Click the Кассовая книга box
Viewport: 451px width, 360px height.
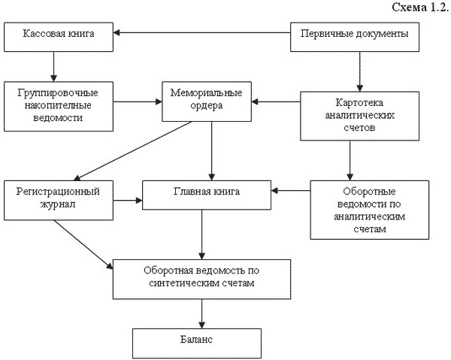59,35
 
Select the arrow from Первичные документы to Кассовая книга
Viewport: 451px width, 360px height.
203,33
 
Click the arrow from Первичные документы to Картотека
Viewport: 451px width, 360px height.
361,70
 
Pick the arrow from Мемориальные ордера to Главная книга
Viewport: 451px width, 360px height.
213,150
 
